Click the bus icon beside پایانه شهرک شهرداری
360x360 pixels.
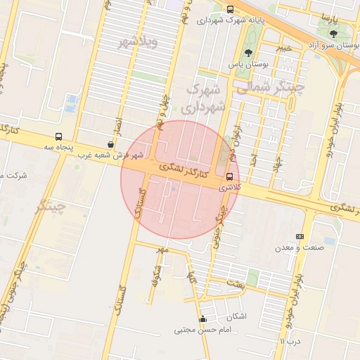point(231,9)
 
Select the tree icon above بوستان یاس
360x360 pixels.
point(247,52)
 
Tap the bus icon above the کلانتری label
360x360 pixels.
point(230,176)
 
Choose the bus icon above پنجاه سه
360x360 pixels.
point(58,137)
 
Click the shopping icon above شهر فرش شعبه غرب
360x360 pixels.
point(111,143)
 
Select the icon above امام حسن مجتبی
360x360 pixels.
point(203,319)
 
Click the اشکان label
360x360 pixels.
point(237,316)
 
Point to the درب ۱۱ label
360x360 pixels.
point(290,341)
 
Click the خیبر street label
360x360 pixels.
point(284,48)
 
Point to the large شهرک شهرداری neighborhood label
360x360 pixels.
point(203,99)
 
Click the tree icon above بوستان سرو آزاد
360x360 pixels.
point(333,33)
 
